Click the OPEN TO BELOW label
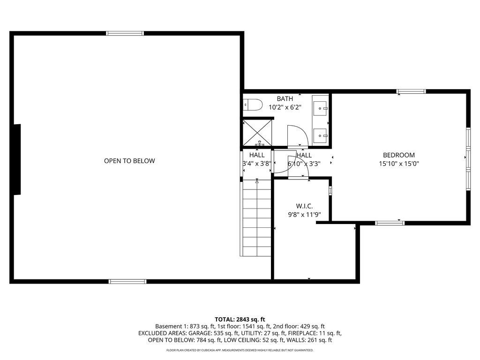tap(129, 161)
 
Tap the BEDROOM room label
tap(398, 155)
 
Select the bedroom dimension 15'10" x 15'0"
tap(398, 164)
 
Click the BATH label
tap(285, 98)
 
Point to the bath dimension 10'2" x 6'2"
tap(285, 107)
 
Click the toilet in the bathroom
tap(253, 105)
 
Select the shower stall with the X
tap(257, 133)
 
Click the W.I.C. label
tap(304, 206)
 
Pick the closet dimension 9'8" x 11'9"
tap(304, 215)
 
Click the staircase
tap(256, 218)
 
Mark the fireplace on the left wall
tap(17, 159)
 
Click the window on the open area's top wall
tap(125, 33)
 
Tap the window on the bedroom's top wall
tap(411, 91)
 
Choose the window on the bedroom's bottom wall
tap(390, 223)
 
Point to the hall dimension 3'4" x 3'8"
tap(257, 164)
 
